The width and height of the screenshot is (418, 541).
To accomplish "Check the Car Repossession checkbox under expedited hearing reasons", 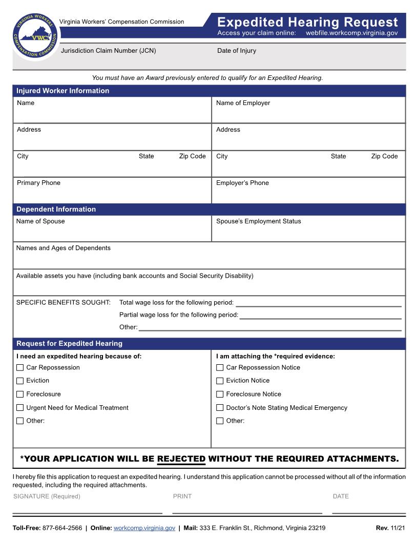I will (x=20, y=367).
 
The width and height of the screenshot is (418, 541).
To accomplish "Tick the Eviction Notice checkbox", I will (x=220, y=381).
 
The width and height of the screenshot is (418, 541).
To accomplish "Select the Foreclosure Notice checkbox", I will (x=220, y=394).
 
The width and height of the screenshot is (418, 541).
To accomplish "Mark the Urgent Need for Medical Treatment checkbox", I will (x=20, y=408).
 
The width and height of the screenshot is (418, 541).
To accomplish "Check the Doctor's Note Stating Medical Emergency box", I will (x=220, y=408).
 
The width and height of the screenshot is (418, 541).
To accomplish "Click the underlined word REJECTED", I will (x=181, y=459).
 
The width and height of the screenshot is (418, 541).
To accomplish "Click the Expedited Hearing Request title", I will (x=307, y=22).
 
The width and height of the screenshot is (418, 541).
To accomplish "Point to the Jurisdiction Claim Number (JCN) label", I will (x=108, y=51).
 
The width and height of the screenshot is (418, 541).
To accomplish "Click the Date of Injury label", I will (x=236, y=51).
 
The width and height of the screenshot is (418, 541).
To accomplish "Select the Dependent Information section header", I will (x=56, y=209).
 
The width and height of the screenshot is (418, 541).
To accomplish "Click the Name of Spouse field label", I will (x=40, y=221).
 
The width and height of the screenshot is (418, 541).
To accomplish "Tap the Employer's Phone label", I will (x=242, y=183).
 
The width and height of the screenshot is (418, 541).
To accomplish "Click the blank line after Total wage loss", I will (x=318, y=303).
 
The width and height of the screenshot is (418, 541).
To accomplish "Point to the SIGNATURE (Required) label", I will (x=47, y=496).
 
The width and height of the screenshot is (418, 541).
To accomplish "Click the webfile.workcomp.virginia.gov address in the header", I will (x=351, y=33).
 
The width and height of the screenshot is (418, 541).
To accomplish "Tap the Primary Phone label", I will (x=38, y=183).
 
